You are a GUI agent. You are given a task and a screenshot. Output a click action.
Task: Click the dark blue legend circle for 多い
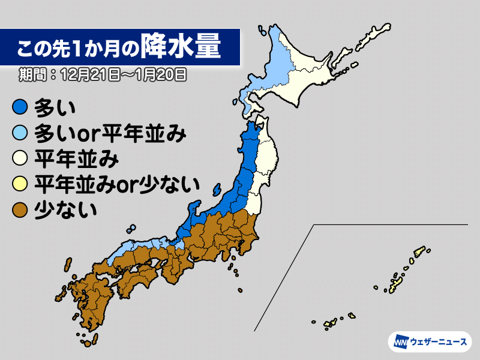click(20, 108)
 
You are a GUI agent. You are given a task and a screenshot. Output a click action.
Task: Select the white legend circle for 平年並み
click(20, 160)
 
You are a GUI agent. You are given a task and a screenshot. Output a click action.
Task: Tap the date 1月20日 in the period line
click(161, 75)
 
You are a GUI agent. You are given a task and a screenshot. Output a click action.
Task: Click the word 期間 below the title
click(30, 75)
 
